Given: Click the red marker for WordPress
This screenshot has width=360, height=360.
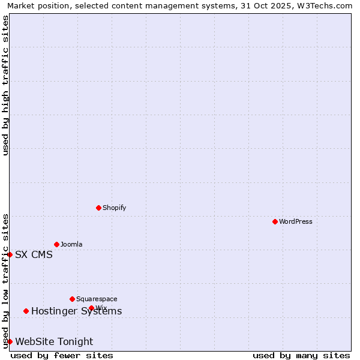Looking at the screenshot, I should tap(275, 221).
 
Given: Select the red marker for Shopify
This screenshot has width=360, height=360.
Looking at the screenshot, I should tap(98, 208).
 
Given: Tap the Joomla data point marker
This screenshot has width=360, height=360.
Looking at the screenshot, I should tap(56, 244).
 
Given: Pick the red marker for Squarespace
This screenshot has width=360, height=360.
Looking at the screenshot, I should tap(72, 299).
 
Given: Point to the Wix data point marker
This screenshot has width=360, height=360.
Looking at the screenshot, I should tap(91, 308).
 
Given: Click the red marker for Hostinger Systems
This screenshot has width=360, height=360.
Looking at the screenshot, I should tap(26, 311).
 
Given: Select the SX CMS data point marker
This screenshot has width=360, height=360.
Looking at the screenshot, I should tap(10, 254).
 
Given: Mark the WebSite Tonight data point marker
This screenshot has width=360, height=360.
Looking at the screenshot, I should tap(10, 341).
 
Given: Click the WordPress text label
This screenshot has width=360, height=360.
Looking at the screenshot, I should tap(296, 221).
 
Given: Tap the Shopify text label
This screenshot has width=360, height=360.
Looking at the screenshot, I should tap(115, 208).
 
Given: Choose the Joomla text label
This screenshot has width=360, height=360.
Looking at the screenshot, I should tap(71, 244).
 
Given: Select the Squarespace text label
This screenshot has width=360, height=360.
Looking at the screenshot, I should tap(97, 299).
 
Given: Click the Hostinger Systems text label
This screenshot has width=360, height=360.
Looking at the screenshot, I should tap(76, 311).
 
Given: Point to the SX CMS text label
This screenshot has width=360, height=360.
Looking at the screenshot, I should tap(34, 254).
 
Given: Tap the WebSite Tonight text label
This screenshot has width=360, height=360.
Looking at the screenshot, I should tap(54, 341).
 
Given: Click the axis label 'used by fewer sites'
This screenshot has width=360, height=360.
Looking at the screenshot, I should tap(62, 355).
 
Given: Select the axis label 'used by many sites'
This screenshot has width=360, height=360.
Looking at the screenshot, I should tap(301, 355).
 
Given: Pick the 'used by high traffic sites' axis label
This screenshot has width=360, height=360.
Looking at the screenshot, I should tap(5, 85).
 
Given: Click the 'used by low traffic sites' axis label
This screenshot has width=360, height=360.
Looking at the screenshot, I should tap(5, 281).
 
